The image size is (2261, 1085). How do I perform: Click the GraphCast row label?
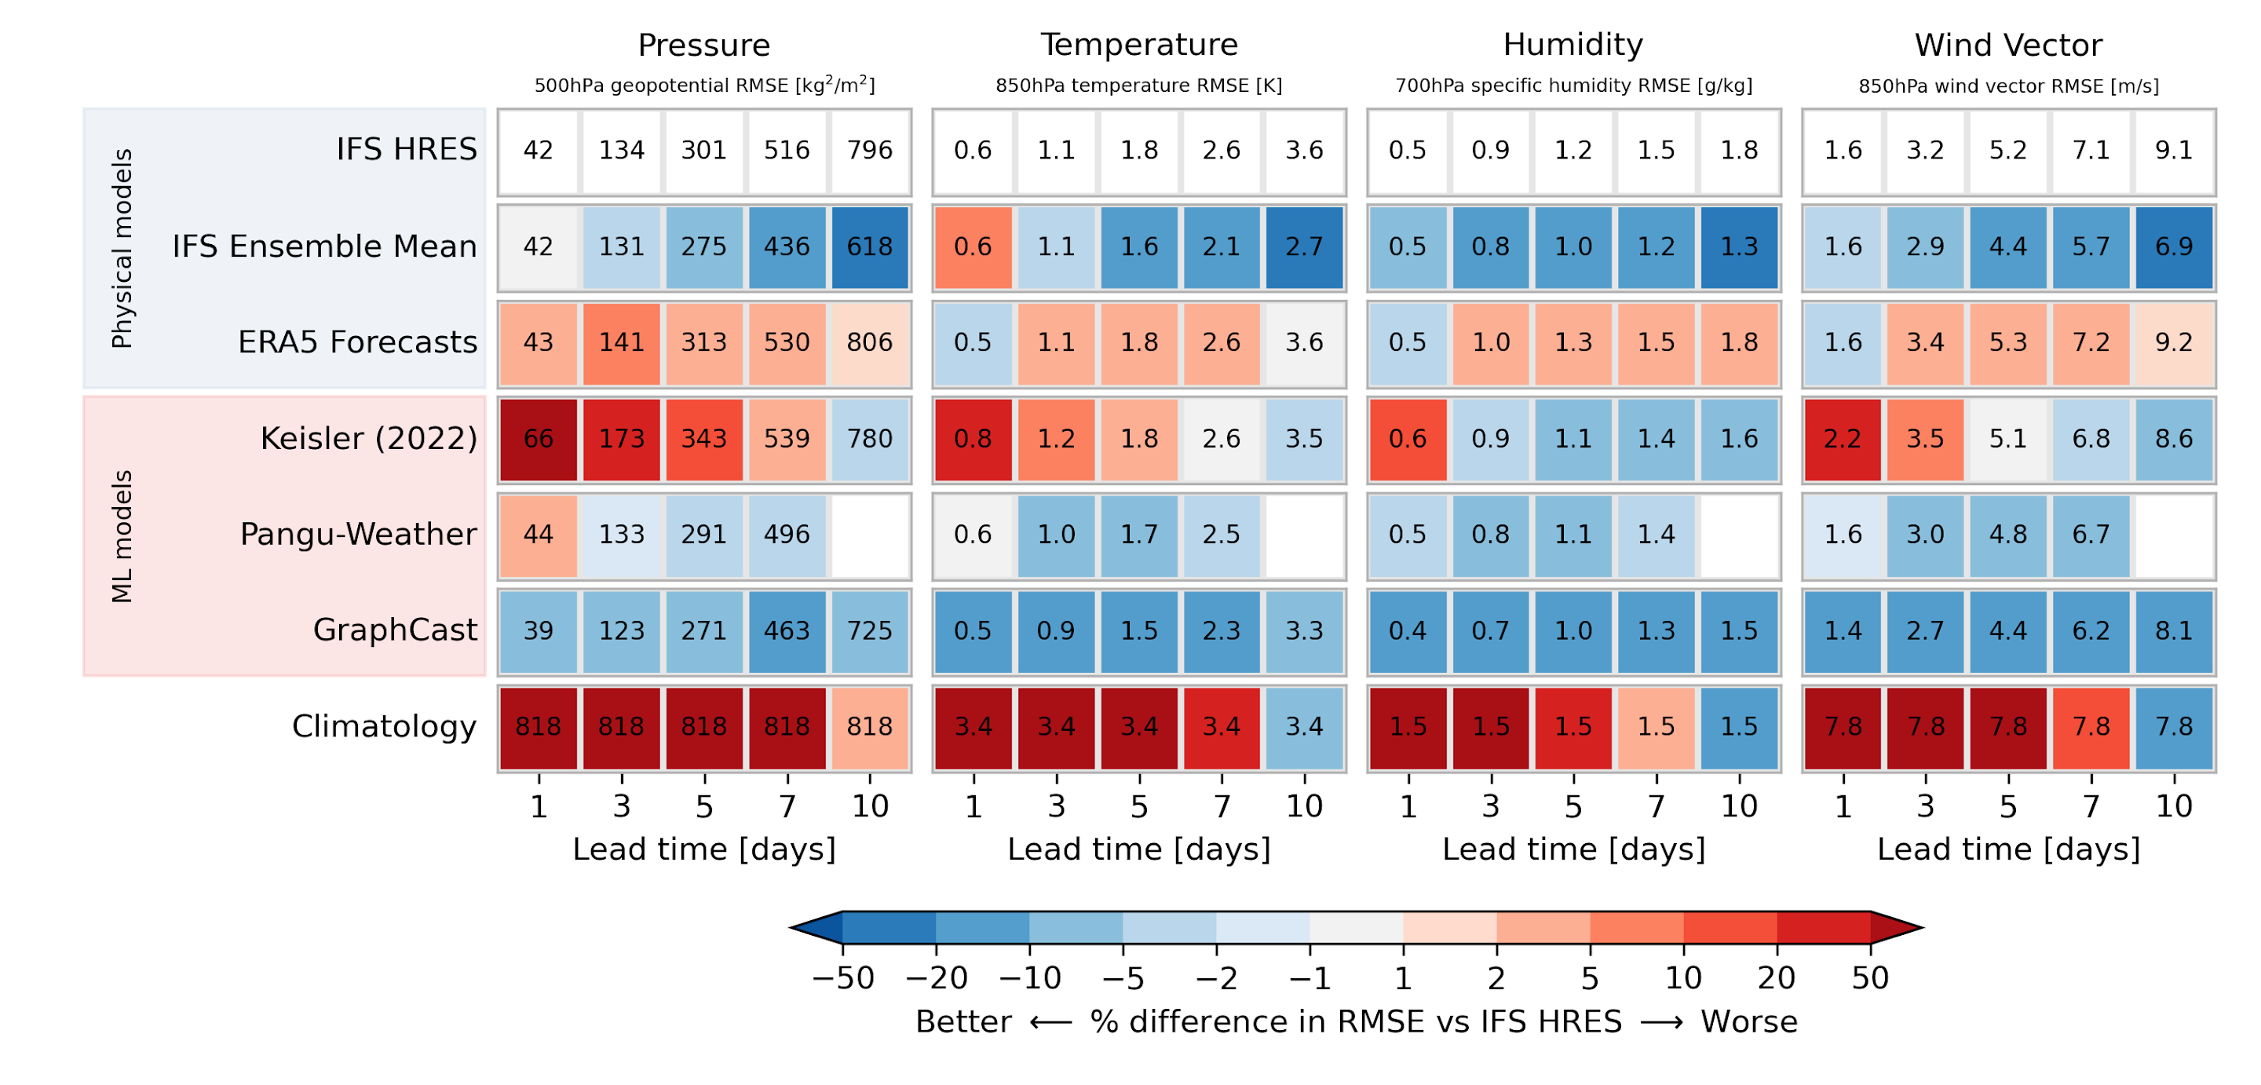click(394, 630)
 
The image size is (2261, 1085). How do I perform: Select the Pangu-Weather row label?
click(358, 535)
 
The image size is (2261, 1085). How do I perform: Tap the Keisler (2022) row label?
click(369, 438)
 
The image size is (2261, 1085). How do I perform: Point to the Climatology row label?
click(384, 727)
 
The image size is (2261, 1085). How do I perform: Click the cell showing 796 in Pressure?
click(869, 150)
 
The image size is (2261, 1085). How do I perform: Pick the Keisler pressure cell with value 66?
click(538, 438)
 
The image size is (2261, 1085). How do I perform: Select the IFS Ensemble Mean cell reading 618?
click(869, 247)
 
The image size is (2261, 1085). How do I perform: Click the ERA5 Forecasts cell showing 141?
click(622, 342)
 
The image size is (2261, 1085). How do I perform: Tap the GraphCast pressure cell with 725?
click(869, 630)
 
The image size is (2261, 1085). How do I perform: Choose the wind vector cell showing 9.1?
click(2173, 150)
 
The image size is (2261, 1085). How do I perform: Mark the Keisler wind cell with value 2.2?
click(1843, 438)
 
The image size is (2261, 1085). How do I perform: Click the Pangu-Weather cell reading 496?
click(787, 535)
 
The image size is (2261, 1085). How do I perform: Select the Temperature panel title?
click(1138, 45)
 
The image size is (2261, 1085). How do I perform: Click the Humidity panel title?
click(1572, 45)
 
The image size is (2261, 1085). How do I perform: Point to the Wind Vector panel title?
click(2008, 45)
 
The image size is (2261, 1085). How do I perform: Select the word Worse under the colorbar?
click(1748, 1021)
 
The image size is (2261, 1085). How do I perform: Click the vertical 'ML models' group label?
click(122, 535)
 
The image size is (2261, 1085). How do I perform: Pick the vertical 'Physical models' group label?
click(122, 248)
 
